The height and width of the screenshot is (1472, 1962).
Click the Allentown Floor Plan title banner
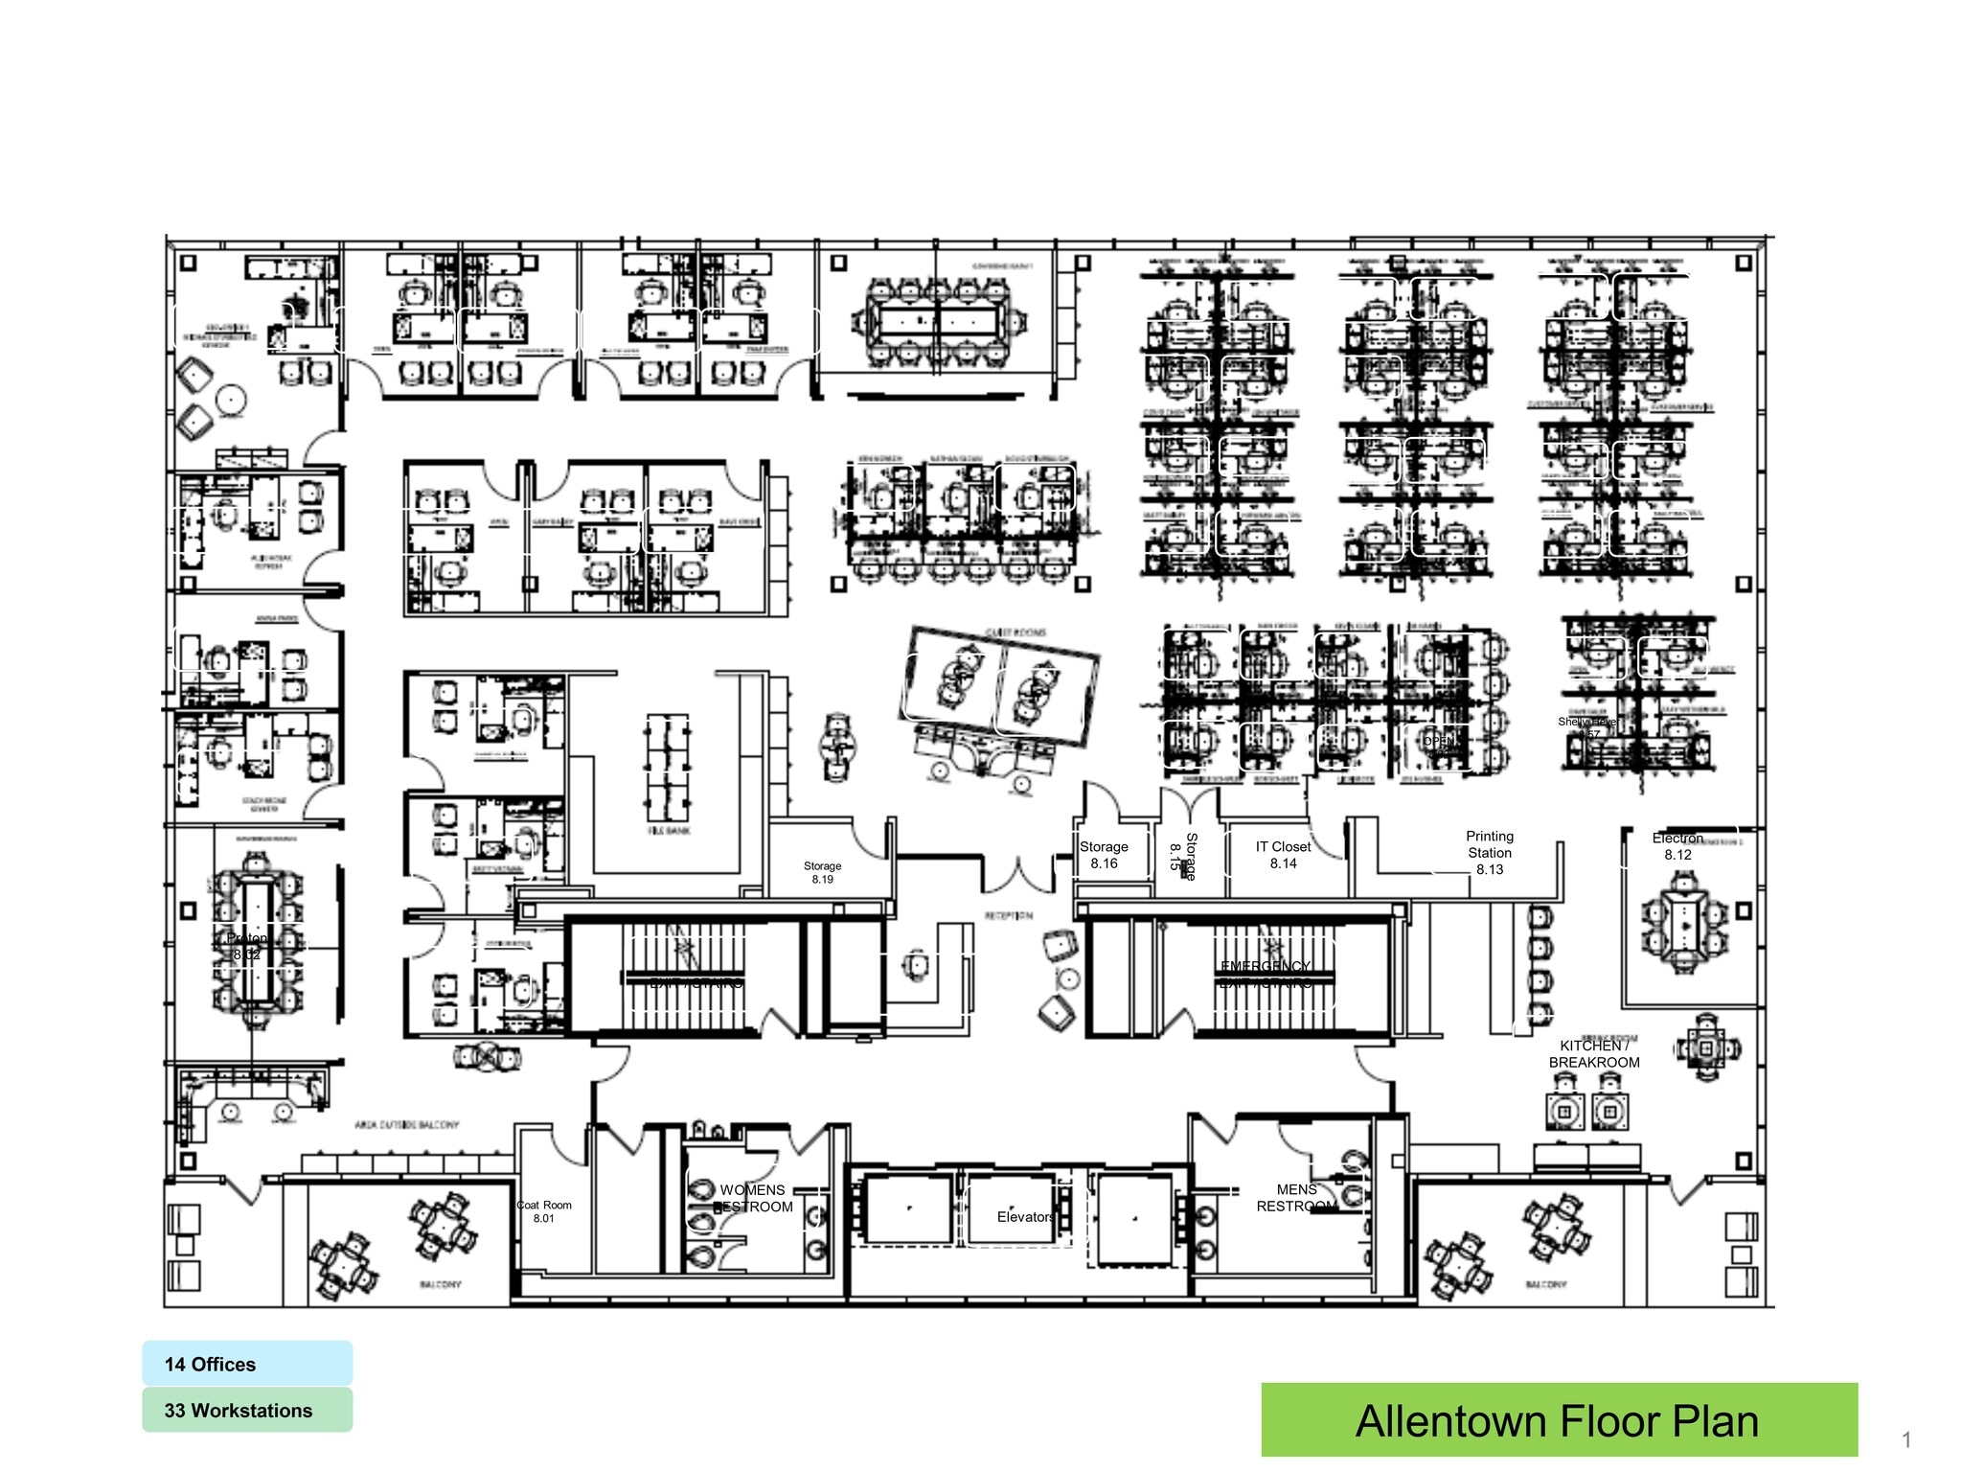pos(1558,1420)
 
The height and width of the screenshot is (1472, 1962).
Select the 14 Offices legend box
pos(247,1364)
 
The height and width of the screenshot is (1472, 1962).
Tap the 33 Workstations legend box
pos(247,1410)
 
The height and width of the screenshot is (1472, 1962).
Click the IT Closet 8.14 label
pos(1283,855)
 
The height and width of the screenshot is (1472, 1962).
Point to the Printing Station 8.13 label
pos(1490,852)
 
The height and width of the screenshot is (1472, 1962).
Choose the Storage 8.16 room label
pos(1104,855)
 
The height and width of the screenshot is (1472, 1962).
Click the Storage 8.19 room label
pos(822,872)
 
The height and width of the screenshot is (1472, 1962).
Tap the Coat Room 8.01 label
pos(544,1211)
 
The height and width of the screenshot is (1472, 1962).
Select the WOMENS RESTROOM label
pos(753,1198)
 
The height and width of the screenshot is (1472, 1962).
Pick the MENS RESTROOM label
pos(1296,1197)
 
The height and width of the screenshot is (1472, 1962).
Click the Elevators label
pos(1025,1216)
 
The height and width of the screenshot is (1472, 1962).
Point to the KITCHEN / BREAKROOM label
pos(1594,1054)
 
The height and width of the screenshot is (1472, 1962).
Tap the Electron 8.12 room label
pos(1677,846)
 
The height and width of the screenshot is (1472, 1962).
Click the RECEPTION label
pos(1009,916)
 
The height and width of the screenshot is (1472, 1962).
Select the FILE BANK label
pos(669,831)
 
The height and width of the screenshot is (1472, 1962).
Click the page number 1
pos(1905,1439)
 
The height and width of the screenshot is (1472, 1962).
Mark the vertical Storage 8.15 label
pos(1183,856)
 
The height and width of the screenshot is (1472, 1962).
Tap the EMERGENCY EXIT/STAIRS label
pos(1266,974)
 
